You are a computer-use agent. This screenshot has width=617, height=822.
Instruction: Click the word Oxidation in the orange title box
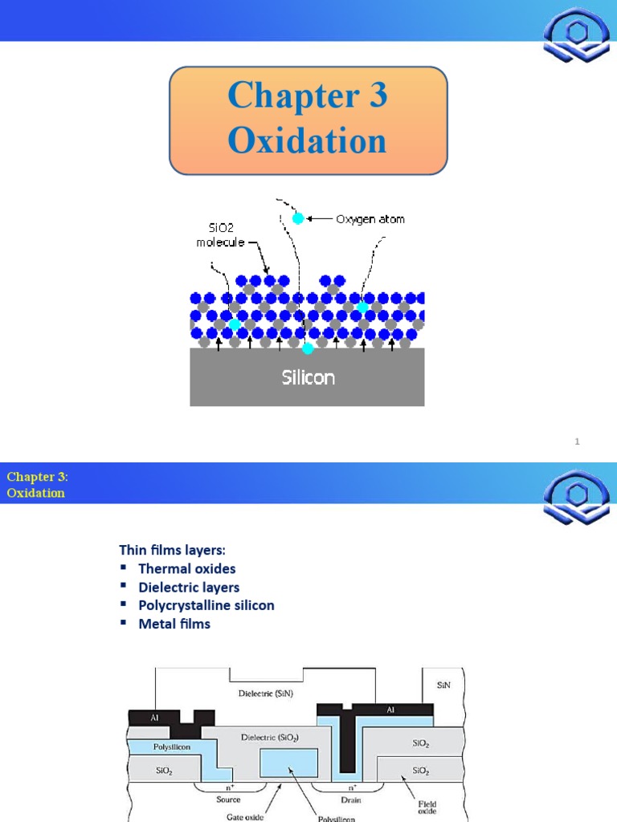307,142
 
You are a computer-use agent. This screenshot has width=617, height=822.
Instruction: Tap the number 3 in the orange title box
374,96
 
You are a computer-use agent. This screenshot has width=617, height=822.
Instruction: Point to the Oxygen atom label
370,218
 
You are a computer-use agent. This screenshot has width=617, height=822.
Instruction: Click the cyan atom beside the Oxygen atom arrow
298,218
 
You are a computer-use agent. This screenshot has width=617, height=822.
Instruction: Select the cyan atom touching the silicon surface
307,348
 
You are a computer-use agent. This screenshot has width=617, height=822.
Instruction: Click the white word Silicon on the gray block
308,377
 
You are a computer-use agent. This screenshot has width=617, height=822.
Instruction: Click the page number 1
577,442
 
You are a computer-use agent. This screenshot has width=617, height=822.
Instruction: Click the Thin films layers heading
173,550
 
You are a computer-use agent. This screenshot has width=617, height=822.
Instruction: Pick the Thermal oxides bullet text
187,568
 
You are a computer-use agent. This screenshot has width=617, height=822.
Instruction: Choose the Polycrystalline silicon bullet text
206,605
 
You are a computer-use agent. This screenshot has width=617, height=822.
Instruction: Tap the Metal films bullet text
174,624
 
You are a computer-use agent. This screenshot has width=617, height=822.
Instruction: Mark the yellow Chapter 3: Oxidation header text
37,485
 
